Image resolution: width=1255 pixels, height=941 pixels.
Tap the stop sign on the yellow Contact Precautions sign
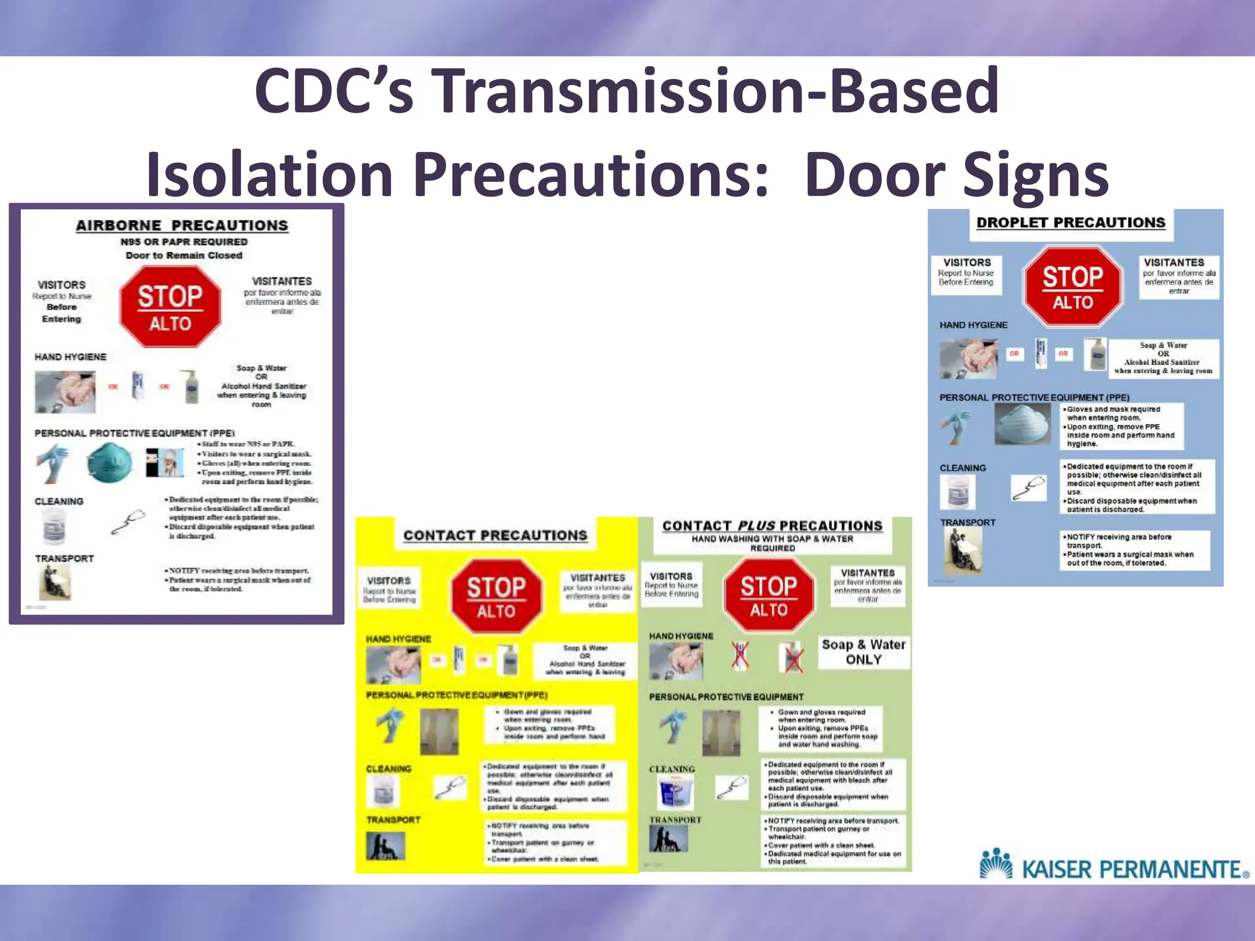pos(496,596)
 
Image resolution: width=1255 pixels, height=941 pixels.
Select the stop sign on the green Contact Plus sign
pos(769,595)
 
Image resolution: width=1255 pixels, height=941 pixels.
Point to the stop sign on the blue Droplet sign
pos(1072,286)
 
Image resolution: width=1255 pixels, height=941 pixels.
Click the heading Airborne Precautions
pos(182,225)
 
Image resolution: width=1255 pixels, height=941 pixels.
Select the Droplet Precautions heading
pos(1071,222)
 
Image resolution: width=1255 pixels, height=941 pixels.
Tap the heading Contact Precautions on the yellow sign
pos(495,535)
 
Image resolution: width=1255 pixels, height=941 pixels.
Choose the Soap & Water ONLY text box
pos(863,652)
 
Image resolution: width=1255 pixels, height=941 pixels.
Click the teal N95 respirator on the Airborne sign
pos(109,464)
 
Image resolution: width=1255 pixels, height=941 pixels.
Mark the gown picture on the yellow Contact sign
pos(439,731)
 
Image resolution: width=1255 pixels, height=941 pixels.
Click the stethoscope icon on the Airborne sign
pos(129,521)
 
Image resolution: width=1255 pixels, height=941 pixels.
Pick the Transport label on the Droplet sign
pos(968,523)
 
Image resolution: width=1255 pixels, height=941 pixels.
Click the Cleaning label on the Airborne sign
pos(59,501)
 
